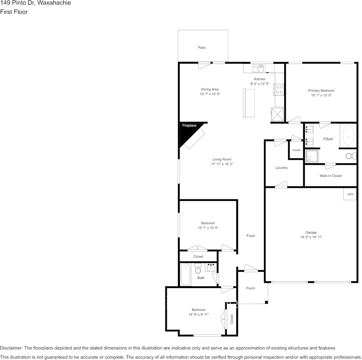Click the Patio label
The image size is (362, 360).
pos(202,48)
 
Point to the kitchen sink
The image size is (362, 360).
pos(259,68)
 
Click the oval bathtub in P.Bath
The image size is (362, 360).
pos(348,135)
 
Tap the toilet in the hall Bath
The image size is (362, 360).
pos(198,269)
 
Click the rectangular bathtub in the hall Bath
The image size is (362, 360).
pos(185,274)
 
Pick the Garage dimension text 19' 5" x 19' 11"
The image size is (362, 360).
pos(311,237)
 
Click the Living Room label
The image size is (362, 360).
pos(222,159)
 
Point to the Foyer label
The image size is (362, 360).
pos(251,236)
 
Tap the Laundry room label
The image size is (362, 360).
pos(282,168)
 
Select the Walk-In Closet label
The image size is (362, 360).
pos(330,176)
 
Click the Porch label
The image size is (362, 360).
pos(250,288)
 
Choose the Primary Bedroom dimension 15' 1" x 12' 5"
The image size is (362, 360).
pos(321,95)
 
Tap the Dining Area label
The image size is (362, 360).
pos(210,89)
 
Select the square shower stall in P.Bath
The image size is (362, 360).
pos(312,156)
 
